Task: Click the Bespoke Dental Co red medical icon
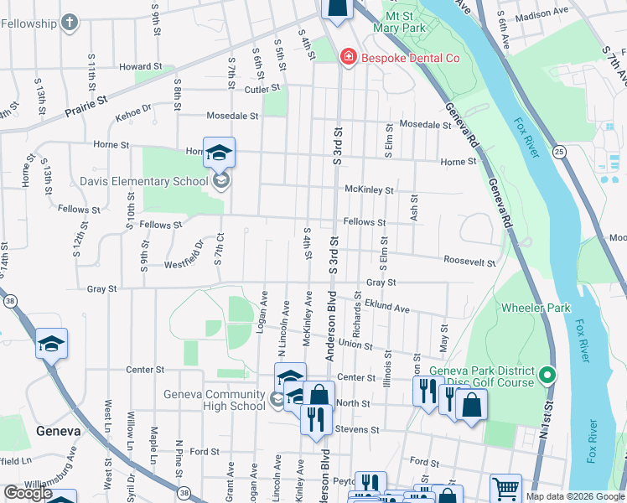click(346, 58)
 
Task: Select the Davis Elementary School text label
click(143, 181)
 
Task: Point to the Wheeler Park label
click(535, 308)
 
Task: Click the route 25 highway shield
click(559, 152)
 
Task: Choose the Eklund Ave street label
click(386, 309)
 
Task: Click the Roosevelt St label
click(469, 262)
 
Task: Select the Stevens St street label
click(358, 430)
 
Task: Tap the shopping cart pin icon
click(505, 487)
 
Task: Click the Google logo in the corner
click(28, 493)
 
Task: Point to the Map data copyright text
click(574, 496)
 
